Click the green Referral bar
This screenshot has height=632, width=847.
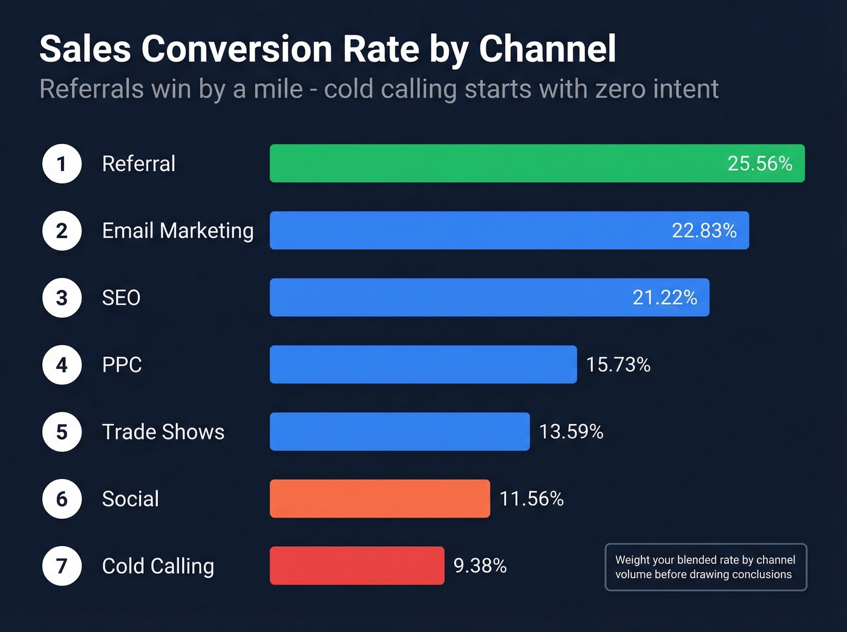pos(496,163)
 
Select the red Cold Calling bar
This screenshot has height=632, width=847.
pos(357,565)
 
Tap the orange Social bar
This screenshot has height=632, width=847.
pos(380,498)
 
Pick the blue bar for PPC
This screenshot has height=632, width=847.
pos(423,364)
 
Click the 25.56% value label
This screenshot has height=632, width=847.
pos(759,163)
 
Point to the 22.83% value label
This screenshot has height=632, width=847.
pos(704,230)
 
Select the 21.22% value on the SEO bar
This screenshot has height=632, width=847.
pos(664,298)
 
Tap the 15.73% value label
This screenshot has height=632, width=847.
pos(618,365)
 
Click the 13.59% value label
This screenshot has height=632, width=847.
pos(571,432)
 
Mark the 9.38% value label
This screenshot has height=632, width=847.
pos(480,565)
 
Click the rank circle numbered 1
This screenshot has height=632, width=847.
pos(62,164)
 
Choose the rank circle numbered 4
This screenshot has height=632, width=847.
pos(62,365)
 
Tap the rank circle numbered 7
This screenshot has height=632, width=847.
pos(62,566)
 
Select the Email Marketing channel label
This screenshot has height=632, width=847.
pos(178,231)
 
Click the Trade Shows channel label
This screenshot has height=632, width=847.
pos(163,432)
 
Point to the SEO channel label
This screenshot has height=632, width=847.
pos(121,298)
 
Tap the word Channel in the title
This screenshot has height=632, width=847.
pos(548,48)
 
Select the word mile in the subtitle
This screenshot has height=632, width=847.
pos(278,89)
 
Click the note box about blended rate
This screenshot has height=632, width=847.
pos(705,567)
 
